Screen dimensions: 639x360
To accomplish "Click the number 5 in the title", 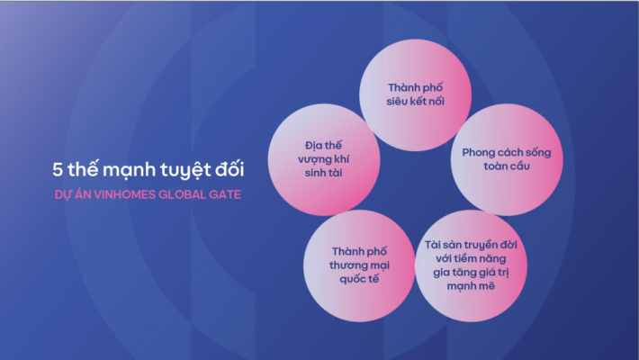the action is (58, 169).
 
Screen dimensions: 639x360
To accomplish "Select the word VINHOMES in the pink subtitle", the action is (124, 195).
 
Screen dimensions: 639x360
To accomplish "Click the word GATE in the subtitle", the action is (224, 195).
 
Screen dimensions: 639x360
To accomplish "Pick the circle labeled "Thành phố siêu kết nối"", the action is (415, 95).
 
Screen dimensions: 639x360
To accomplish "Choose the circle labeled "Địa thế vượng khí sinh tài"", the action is (324, 159).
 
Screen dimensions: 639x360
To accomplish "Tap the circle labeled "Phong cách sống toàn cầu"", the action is (507, 159).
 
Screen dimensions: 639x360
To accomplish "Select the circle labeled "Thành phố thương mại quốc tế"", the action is (359, 265).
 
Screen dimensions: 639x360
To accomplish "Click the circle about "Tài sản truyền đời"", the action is (471, 265).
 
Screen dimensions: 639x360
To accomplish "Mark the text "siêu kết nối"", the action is (415, 101).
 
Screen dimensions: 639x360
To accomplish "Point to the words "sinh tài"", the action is (324, 173).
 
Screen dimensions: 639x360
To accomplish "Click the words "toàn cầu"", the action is (507, 166).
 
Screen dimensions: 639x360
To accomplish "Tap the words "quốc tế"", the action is (359, 279).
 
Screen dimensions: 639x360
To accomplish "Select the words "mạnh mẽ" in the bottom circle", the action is (471, 286).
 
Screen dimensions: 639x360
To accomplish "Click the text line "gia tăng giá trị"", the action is (471, 272).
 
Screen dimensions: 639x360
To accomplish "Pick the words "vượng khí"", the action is (324, 159).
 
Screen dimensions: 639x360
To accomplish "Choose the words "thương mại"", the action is (359, 265).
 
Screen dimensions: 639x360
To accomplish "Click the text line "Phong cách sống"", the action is (507, 152).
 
